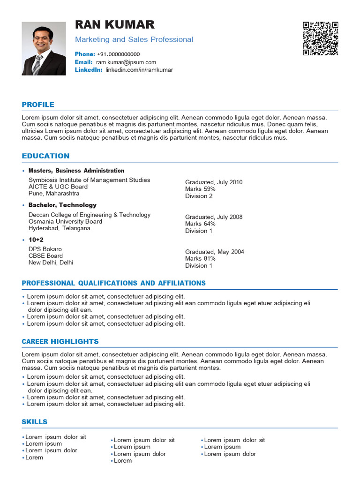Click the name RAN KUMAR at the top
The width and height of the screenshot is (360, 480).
114,24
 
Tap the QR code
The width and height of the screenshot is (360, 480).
320,38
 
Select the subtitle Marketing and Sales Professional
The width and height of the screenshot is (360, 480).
134,39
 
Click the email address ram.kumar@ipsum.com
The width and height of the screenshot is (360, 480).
126,62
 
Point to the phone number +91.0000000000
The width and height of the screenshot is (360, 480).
118,54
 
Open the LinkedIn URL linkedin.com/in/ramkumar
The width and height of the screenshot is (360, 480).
139,70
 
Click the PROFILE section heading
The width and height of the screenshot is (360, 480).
38,105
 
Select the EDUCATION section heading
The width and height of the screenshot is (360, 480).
45,156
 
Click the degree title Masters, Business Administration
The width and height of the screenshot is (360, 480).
76,171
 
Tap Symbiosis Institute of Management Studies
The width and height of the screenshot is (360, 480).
90,180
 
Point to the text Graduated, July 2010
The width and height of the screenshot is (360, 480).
214,182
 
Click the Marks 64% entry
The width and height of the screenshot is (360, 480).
200,224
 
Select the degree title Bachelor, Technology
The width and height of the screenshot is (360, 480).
62,205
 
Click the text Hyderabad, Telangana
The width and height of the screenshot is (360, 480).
60,228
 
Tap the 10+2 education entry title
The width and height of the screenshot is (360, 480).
36,240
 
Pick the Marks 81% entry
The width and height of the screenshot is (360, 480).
200,259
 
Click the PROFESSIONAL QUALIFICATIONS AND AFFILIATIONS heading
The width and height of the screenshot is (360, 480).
113,283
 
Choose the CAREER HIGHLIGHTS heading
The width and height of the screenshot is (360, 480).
60,341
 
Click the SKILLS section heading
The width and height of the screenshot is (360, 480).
34,422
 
